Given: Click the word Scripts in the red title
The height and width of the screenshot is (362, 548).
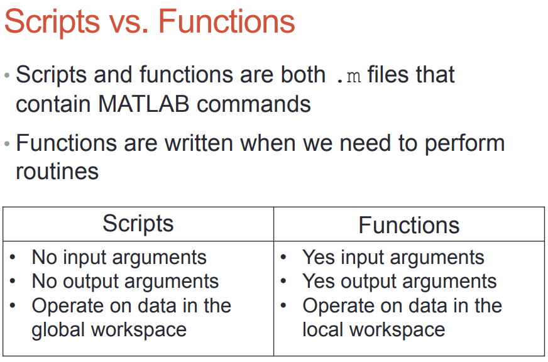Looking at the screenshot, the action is [x=52, y=22].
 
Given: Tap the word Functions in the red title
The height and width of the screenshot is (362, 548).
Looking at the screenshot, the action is [x=226, y=21].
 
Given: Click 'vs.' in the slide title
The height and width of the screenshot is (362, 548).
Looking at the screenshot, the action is [x=129, y=24].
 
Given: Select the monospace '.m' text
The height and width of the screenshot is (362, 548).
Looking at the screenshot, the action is [x=348, y=76].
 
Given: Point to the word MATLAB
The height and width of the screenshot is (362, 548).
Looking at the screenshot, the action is [x=144, y=104].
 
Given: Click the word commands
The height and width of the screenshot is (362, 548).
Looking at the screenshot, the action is [x=254, y=104].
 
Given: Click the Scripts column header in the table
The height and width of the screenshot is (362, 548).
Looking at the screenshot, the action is [x=138, y=224].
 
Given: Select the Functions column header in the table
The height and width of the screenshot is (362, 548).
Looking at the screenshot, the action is [x=409, y=225].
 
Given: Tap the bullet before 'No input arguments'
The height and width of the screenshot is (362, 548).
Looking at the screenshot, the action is [x=13, y=258].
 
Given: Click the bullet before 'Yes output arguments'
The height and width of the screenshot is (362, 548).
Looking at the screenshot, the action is [x=283, y=281].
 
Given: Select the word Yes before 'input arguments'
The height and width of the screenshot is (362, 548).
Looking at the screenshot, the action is [x=319, y=258].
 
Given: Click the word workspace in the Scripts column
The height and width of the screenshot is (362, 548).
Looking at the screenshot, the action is [x=139, y=331].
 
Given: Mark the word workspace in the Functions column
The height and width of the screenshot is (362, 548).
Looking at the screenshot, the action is [x=397, y=331].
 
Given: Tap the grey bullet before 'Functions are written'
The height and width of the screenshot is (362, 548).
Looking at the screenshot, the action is [x=7, y=144].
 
